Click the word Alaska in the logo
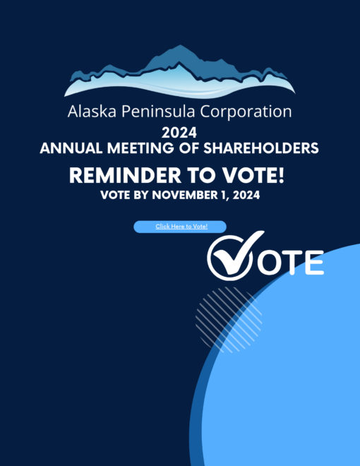pyautogui.click(x=92, y=112)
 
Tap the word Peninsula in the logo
pyautogui.click(x=158, y=112)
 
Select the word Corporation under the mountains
pyautogui.click(x=246, y=112)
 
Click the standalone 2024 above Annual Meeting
pyautogui.click(x=179, y=133)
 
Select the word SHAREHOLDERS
pyautogui.click(x=260, y=148)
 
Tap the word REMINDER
pyautogui.click(x=125, y=175)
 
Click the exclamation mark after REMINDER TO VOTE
pyautogui.click(x=281, y=175)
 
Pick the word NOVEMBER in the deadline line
pyautogui.click(x=188, y=195)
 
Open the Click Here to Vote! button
pyautogui.click(x=180, y=227)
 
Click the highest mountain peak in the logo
pyautogui.click(x=180, y=45)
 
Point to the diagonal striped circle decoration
pyautogui.click(x=229, y=320)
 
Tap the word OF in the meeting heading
pyautogui.click(x=188, y=148)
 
